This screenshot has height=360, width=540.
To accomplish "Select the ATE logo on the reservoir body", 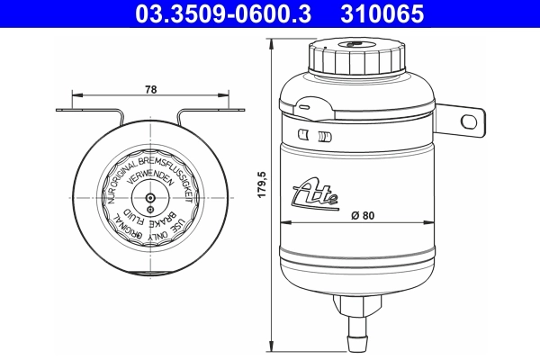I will (316, 192).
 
